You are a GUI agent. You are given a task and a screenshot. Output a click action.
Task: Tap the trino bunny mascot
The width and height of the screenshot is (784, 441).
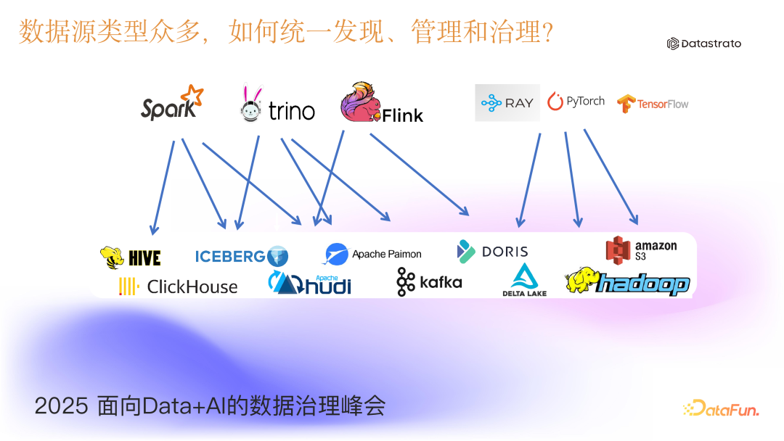(x=251, y=104)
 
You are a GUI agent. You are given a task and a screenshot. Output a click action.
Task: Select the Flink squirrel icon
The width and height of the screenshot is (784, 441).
(x=361, y=103)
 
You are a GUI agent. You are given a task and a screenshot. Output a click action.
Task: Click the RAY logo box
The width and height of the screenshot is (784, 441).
(x=507, y=102)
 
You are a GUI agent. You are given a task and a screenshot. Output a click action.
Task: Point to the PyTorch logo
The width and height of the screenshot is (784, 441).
(x=576, y=102)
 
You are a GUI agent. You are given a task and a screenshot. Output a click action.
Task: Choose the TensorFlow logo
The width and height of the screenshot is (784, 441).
(x=653, y=104)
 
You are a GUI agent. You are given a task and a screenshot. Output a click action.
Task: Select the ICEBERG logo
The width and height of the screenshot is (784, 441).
(x=241, y=256)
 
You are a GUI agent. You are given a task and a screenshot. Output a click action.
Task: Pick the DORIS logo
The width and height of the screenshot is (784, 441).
(x=493, y=251)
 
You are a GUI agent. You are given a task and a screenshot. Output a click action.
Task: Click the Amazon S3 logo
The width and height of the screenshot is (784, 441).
(x=641, y=249)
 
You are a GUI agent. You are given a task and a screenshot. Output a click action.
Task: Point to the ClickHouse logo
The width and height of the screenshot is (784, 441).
(x=179, y=287)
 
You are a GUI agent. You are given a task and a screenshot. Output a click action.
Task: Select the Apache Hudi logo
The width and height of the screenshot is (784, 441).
(x=309, y=283)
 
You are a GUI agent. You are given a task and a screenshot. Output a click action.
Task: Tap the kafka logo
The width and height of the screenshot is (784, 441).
(x=429, y=281)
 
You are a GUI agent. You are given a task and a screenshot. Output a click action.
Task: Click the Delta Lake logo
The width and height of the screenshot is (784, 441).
(x=524, y=280)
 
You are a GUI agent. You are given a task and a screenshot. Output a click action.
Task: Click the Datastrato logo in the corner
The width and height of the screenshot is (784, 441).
(x=704, y=44)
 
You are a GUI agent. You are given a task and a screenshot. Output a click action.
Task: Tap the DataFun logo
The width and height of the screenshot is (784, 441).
(x=721, y=409)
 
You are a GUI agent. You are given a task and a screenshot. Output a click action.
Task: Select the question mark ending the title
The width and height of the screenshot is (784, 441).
(x=545, y=32)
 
